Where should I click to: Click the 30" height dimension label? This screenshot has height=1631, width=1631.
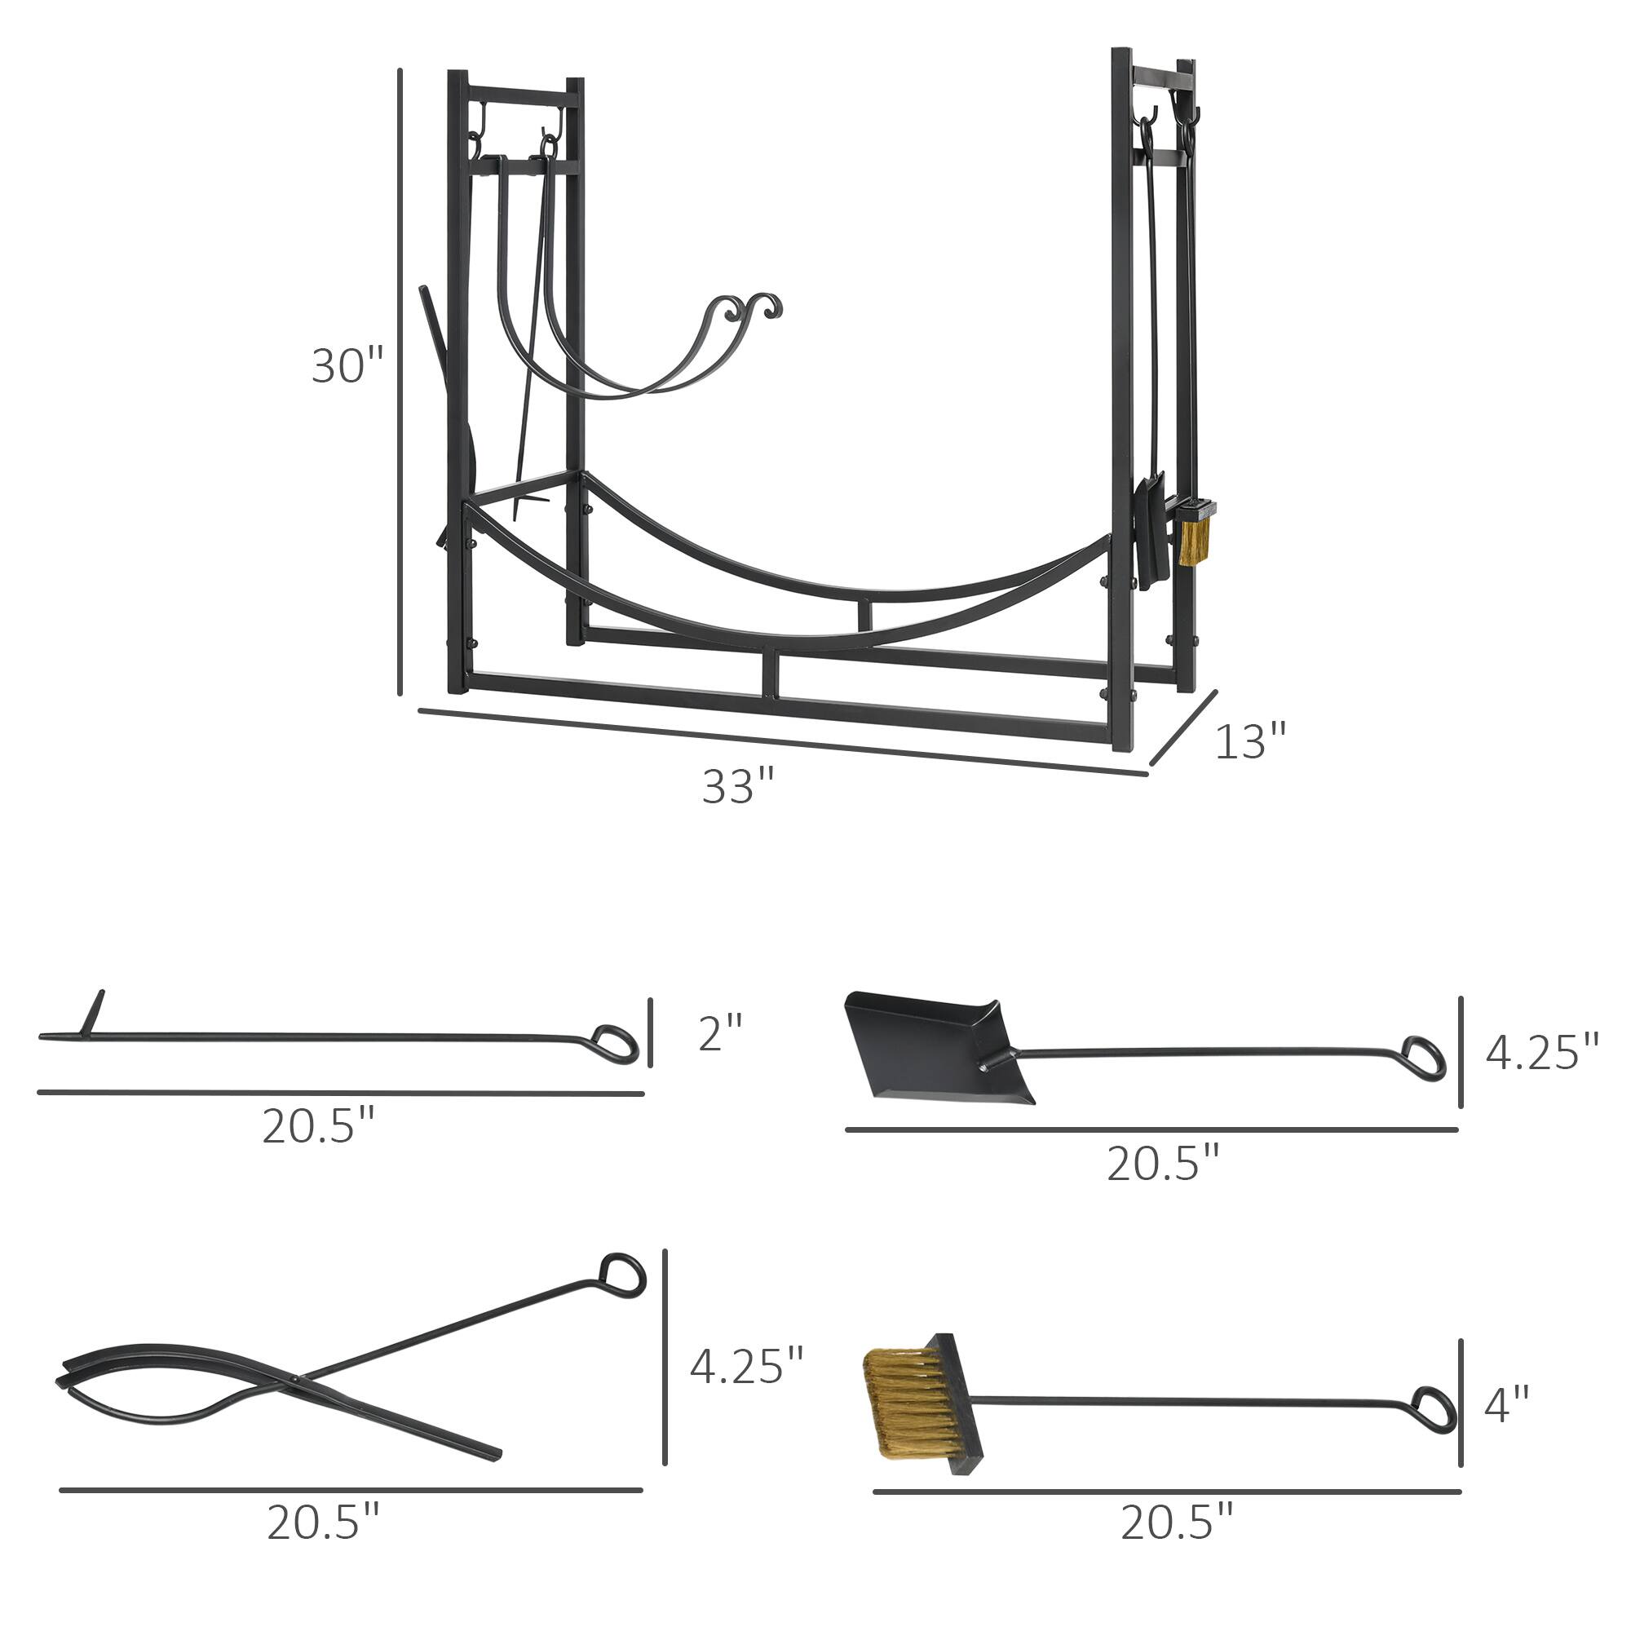[x=347, y=366]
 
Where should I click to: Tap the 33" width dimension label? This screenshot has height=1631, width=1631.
[x=738, y=787]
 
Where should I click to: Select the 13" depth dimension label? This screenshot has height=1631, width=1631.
[x=1250, y=741]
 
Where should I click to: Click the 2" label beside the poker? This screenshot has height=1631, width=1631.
[x=720, y=1032]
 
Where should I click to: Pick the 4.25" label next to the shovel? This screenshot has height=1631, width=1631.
[x=1541, y=1053]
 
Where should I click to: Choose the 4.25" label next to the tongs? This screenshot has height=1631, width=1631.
[x=746, y=1365]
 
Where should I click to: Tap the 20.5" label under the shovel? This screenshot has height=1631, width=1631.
[x=1164, y=1165]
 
